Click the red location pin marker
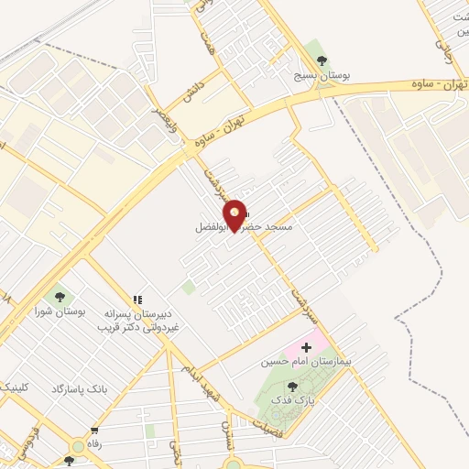click(235, 214)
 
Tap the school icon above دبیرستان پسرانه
click(137, 299)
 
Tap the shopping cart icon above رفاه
click(94, 431)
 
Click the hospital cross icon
click(306, 348)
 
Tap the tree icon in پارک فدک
click(291, 387)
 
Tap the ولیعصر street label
click(167, 122)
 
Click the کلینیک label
click(16, 387)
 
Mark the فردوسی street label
click(27, 441)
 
